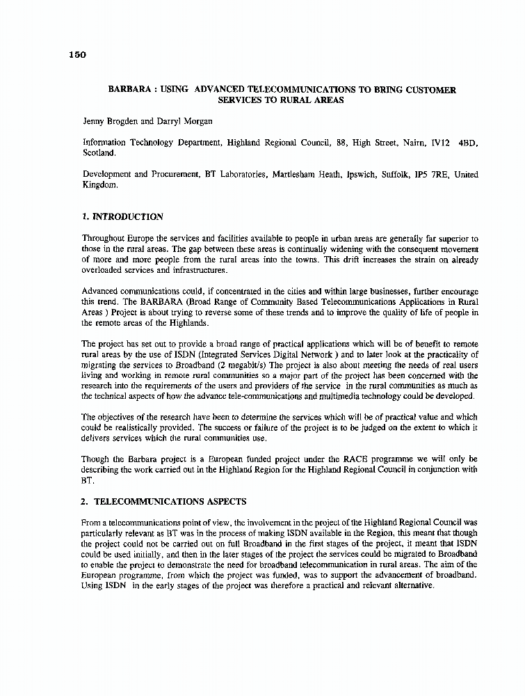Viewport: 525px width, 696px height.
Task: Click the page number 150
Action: point(77,56)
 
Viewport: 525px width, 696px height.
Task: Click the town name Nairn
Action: point(414,142)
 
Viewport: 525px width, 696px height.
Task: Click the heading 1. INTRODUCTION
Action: point(122,216)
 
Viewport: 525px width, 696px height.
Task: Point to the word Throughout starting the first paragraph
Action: point(106,239)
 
